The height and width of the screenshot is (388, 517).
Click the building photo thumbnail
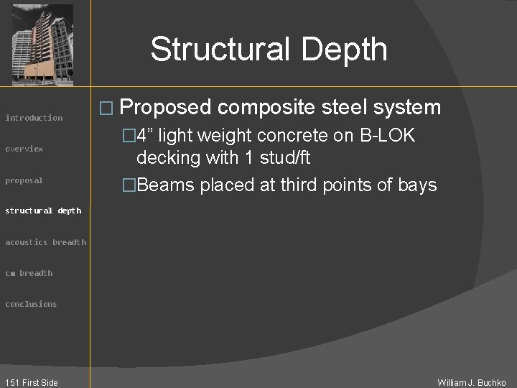point(43,45)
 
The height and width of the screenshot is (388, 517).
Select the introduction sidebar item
point(34,118)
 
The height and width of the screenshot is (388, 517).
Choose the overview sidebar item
point(24,149)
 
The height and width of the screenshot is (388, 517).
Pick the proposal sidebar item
point(24,180)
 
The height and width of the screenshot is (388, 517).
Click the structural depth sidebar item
point(43,211)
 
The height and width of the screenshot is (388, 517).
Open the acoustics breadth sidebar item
point(45,242)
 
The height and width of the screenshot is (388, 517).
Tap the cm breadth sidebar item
point(29,273)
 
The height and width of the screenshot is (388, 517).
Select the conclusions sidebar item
point(31,304)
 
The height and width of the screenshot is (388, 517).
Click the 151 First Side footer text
point(31,382)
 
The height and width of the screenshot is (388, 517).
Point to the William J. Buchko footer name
point(472,382)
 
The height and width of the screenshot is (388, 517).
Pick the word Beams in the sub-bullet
point(166,185)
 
